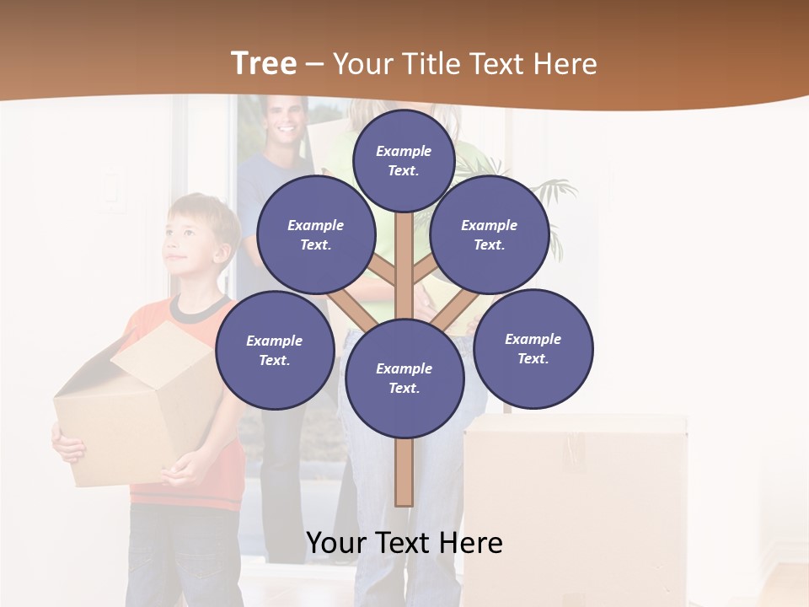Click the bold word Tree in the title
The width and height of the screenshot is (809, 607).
(264, 63)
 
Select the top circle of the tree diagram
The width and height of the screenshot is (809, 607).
(404, 160)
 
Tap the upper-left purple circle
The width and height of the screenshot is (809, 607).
(316, 234)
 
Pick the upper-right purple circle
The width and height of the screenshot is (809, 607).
(490, 234)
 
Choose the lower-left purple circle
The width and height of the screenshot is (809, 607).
(275, 350)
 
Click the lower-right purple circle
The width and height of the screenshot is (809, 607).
(533, 348)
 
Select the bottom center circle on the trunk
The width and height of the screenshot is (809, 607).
(404, 378)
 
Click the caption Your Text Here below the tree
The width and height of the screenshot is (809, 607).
(404, 543)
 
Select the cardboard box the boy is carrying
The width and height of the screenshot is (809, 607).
(135, 405)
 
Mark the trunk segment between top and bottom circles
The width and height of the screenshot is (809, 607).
(404, 261)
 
